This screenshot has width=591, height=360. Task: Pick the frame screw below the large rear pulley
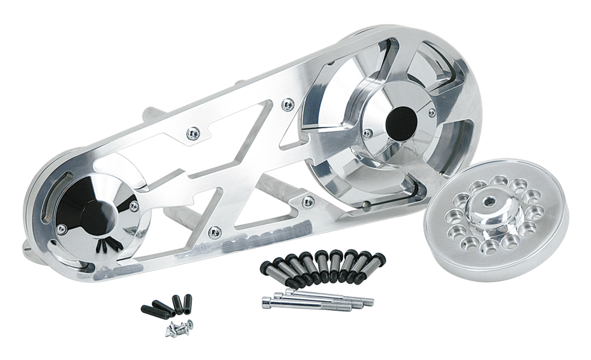305,200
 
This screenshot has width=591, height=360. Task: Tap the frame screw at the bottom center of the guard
213,229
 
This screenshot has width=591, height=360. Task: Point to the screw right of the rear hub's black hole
431,111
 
